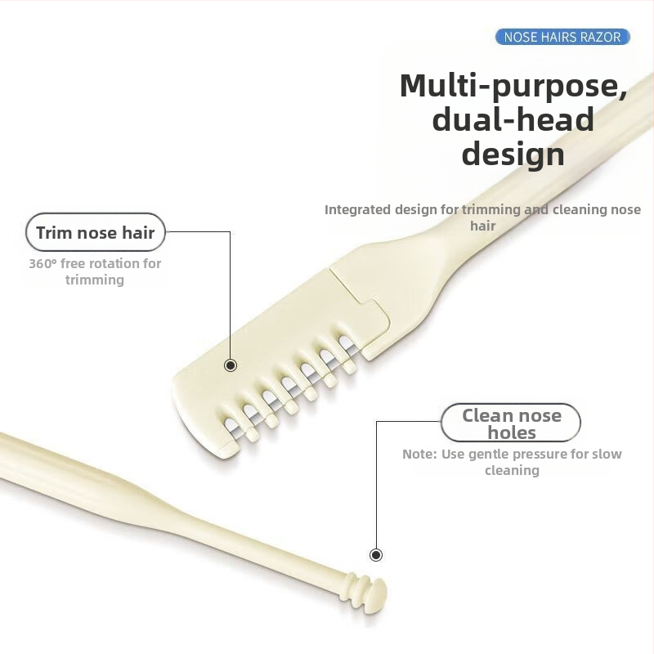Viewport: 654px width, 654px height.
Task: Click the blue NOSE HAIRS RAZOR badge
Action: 562,37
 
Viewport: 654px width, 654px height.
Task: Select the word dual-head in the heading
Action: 513,119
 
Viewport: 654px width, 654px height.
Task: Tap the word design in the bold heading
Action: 513,154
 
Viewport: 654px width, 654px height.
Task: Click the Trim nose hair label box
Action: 96,233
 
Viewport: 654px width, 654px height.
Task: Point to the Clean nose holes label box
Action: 511,423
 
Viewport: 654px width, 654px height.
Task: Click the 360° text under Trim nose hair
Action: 42,263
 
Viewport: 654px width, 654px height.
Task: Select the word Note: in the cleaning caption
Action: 419,454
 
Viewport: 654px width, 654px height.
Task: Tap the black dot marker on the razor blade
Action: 231,365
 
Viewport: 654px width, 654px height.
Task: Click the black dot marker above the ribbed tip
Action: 376,555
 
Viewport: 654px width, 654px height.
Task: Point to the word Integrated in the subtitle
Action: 357,209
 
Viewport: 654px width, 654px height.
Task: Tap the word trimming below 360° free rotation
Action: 95,280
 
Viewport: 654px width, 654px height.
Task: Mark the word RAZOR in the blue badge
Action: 602,37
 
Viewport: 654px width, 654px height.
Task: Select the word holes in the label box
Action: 512,433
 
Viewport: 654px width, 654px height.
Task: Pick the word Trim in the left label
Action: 54,233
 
